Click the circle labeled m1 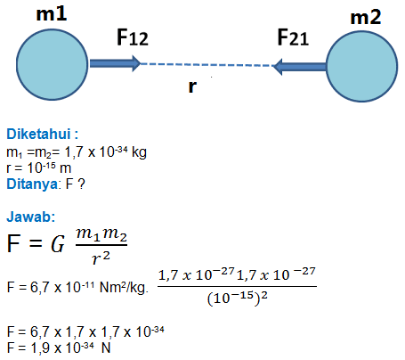pos(52,64)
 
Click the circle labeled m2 pos(361,66)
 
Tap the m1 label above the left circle pos(52,14)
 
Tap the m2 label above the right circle pos(366,17)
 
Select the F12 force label pos(133,37)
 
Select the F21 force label pos(293,37)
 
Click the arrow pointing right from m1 pos(115,63)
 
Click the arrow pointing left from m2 pos(299,67)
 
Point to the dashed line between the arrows pos(207,65)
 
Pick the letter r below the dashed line pos(192,86)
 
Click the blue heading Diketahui pos(42,134)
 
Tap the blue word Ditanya pos(32,184)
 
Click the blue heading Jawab pos(31,217)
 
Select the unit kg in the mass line pos(139,152)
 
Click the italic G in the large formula pos(58,244)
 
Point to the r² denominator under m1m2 pos(101,258)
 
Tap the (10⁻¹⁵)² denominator pos(238,298)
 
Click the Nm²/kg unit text pos(124,287)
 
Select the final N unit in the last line pos(106,348)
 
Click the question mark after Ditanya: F pos(81,184)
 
